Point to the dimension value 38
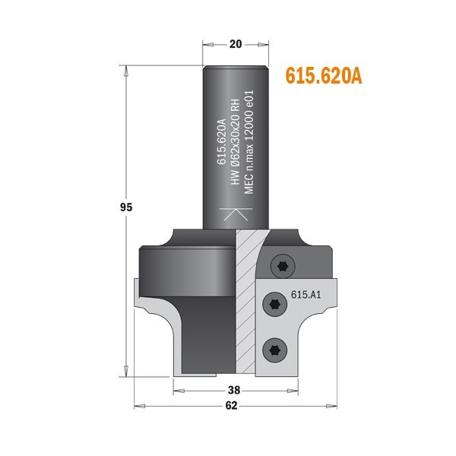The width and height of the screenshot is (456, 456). click(x=234, y=391)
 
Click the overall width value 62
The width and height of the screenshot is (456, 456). click(x=232, y=406)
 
